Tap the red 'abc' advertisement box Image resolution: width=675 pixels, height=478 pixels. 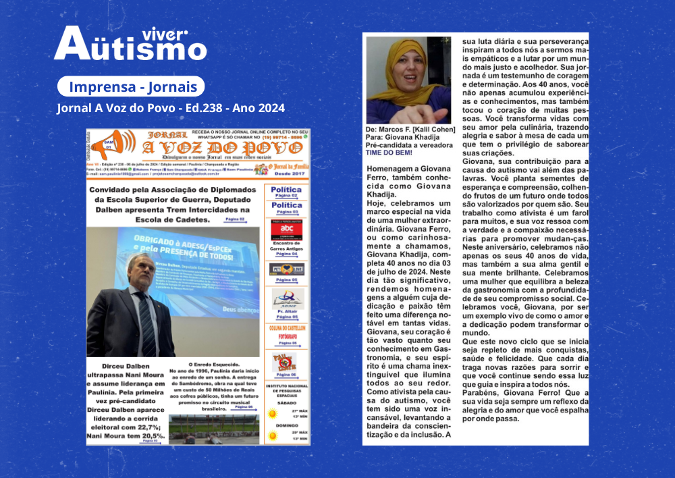pyautogui.click(x=286, y=229)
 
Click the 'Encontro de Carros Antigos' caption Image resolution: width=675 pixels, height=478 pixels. pyautogui.click(x=286, y=248)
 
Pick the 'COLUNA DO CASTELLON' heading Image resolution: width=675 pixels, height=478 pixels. pyautogui.click(x=286, y=328)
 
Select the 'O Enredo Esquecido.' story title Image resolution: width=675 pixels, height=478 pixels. pyautogui.click(x=215, y=363)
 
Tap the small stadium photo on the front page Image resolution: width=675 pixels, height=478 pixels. pyautogui.click(x=213, y=428)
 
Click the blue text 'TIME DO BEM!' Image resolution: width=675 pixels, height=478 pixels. pyautogui.click(x=387, y=153)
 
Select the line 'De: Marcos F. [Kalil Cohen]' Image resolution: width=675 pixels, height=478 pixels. pyautogui.click(x=410, y=130)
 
